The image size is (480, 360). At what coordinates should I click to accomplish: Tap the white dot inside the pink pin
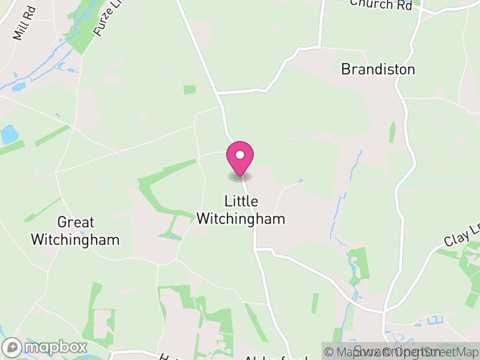[x=240, y=155]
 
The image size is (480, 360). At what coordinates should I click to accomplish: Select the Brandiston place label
[x=377, y=70]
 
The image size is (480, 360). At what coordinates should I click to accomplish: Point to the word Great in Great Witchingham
[x=76, y=223]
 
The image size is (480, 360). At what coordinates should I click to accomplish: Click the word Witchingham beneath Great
[x=75, y=240]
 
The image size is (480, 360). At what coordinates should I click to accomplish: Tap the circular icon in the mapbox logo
[x=12, y=347]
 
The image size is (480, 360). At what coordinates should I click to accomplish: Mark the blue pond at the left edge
[x=9, y=134]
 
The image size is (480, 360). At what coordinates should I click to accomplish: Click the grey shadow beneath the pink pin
[x=240, y=176]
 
